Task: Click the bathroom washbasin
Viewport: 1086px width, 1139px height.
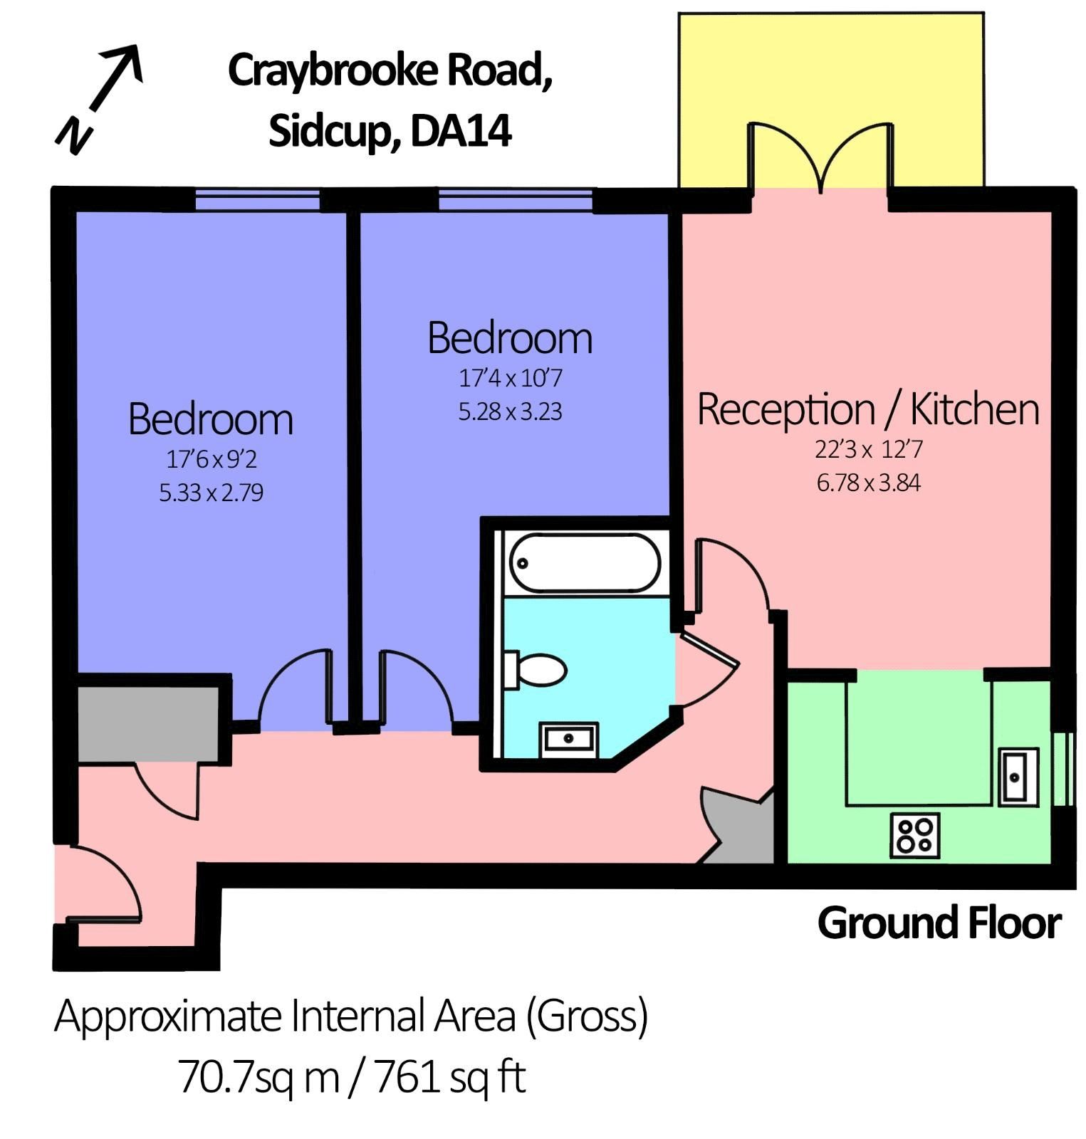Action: pos(569,739)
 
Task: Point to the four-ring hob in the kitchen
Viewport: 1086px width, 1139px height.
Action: pos(915,835)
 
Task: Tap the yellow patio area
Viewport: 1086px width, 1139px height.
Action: pos(830,71)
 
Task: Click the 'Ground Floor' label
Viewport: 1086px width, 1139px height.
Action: pos(939,923)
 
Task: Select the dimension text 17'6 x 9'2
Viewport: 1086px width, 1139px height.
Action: pos(211,460)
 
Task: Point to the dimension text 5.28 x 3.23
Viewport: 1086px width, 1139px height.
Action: pos(510,411)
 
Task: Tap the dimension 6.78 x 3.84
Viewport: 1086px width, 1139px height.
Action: pos(868,483)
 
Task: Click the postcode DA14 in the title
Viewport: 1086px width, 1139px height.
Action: pos(461,132)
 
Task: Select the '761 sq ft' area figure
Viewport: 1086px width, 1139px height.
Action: pos(449,1077)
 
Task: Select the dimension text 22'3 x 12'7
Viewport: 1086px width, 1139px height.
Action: pos(868,450)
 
